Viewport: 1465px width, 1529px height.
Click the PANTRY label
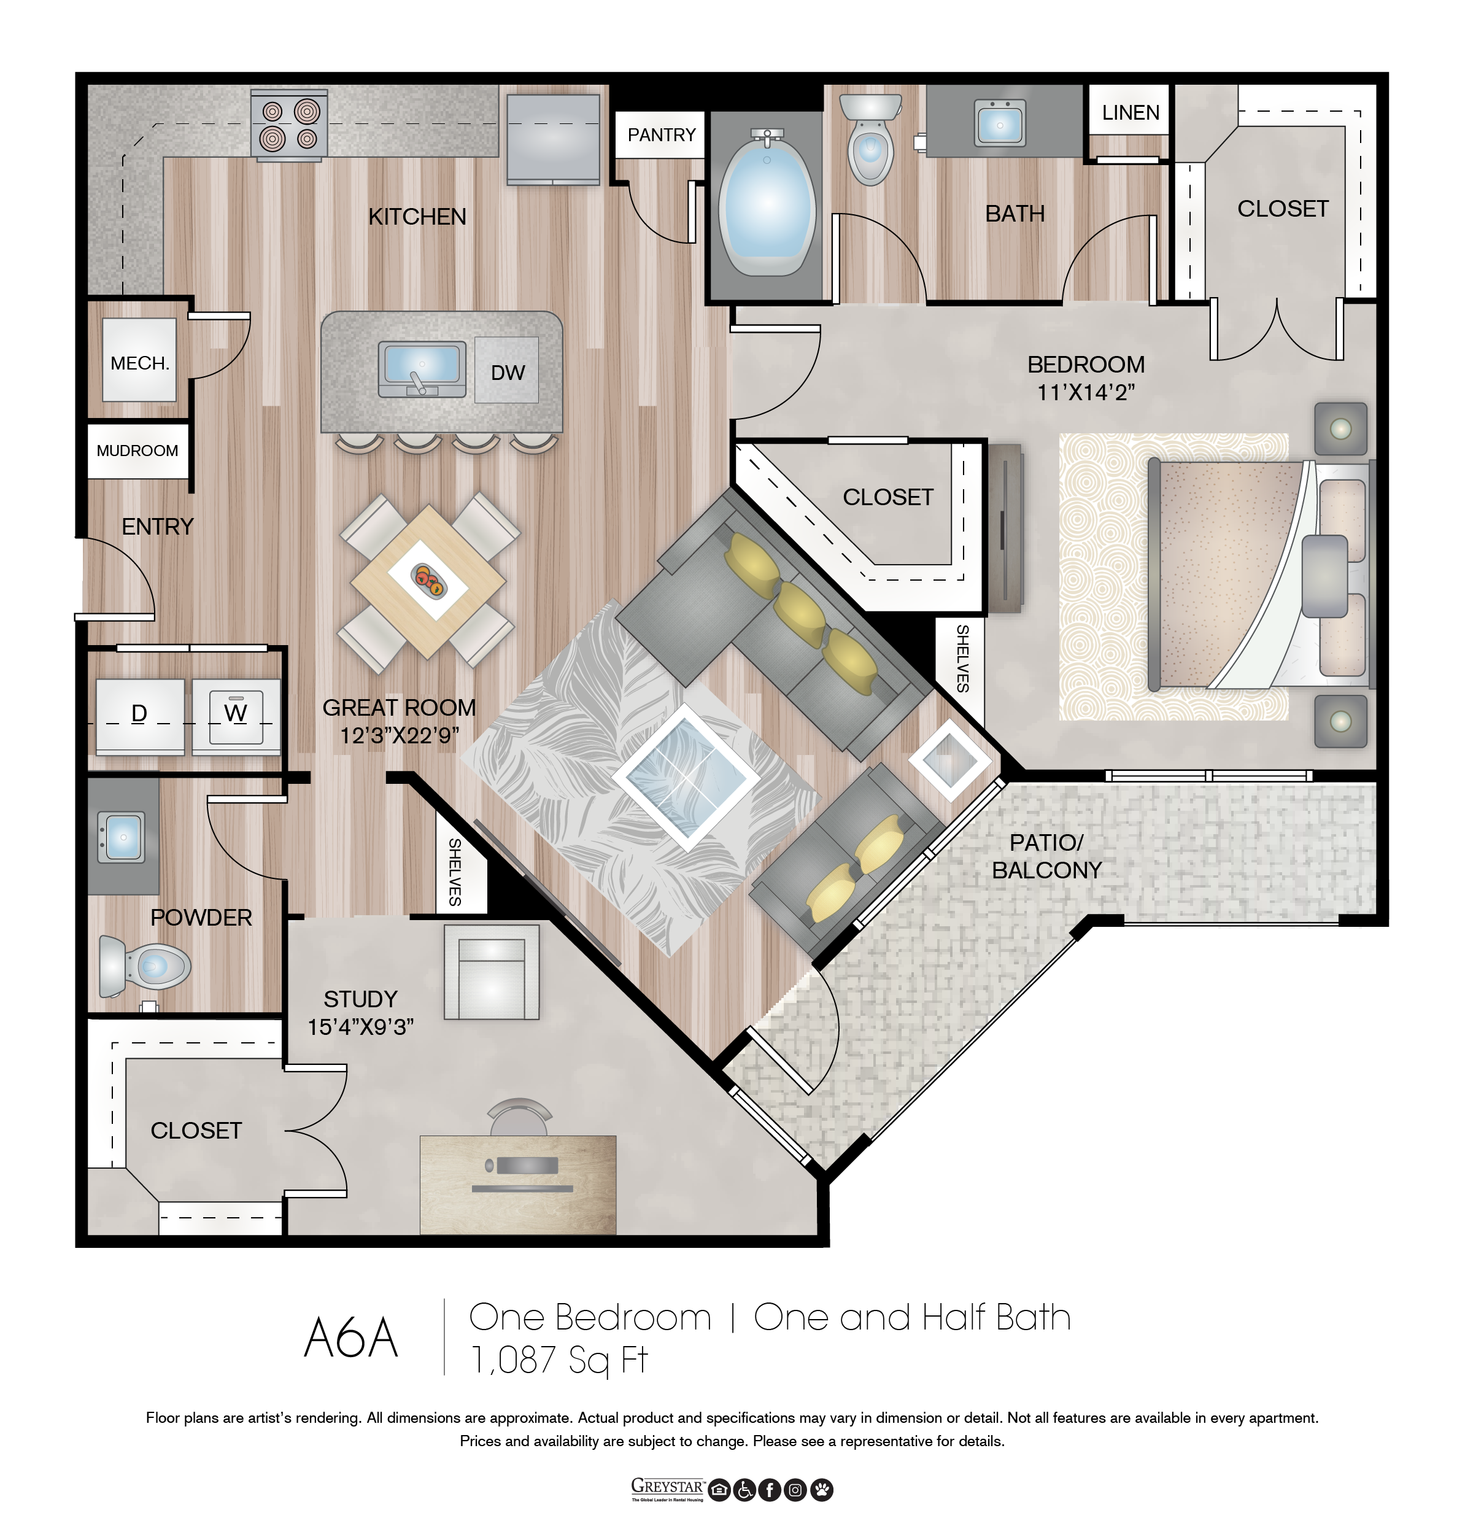point(661,135)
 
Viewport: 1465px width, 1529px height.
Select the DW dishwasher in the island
point(506,371)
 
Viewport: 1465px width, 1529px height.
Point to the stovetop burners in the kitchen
point(288,124)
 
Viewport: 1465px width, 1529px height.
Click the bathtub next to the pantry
point(766,203)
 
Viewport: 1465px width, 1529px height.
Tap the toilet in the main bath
point(870,139)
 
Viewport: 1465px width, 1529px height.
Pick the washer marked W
point(236,716)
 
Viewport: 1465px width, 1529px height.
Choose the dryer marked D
point(140,716)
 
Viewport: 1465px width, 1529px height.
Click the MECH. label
point(140,363)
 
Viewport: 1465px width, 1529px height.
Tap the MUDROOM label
point(137,451)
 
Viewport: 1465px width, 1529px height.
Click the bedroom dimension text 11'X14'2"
point(1085,392)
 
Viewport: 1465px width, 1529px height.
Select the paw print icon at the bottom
point(821,1490)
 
